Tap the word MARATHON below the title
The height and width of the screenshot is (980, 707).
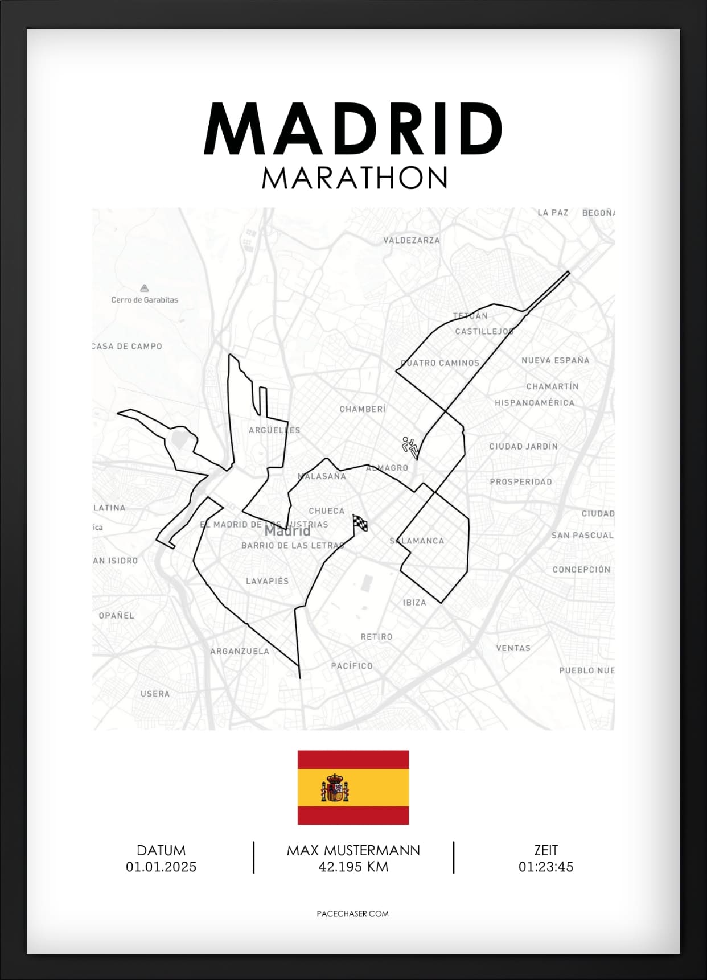[x=354, y=178]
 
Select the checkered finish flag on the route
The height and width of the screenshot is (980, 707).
[x=360, y=522]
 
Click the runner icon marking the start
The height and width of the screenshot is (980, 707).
[x=410, y=447]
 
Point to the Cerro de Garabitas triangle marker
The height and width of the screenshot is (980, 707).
[x=145, y=288]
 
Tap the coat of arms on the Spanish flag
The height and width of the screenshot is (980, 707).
[x=335, y=788]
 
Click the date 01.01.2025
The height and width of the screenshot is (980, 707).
[x=161, y=867]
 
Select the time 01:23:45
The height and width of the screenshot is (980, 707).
[x=545, y=867]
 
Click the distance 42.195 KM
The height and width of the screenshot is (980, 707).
[x=353, y=867]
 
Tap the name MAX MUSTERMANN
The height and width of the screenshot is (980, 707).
[x=353, y=850]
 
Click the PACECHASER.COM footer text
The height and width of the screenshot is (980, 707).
[x=352, y=913]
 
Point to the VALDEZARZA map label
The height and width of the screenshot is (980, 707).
[x=412, y=240]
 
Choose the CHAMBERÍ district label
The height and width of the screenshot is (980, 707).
[x=363, y=409]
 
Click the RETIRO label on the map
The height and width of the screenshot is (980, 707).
[x=376, y=637]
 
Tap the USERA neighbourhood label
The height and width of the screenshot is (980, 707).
[x=155, y=694]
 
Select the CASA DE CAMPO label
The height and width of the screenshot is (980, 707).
[x=128, y=346]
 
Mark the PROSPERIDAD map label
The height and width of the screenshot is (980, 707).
[x=521, y=481]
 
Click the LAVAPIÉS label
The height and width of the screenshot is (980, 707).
[x=267, y=581]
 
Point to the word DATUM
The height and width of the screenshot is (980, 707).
[x=161, y=850]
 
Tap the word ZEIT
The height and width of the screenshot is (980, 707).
[x=545, y=850]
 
